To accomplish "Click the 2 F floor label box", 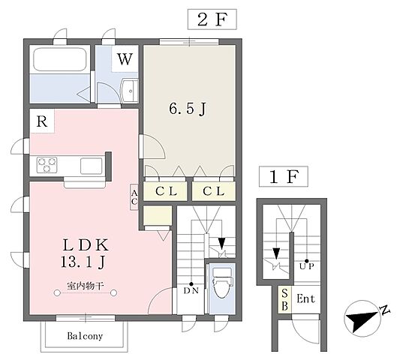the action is (x=212, y=19).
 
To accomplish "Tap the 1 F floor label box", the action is (x=284, y=176).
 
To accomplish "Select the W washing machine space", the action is (x=125, y=59).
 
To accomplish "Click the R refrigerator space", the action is (x=42, y=121).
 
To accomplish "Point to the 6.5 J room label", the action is (x=188, y=109).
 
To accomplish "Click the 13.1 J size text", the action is (x=83, y=262).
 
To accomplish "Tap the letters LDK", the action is (x=86, y=245).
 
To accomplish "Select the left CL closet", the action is (x=165, y=191).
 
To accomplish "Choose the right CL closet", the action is (x=214, y=191).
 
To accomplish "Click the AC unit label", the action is (x=134, y=197).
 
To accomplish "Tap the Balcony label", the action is (x=85, y=336).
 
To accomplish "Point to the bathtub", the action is (x=59, y=59).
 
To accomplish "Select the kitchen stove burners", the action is (x=47, y=164).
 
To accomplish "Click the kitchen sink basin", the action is (x=92, y=166).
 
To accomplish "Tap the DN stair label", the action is (x=191, y=291).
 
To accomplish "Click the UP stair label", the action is (x=307, y=266).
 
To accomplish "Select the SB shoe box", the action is (x=284, y=300).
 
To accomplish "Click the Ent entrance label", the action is (x=306, y=299).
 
